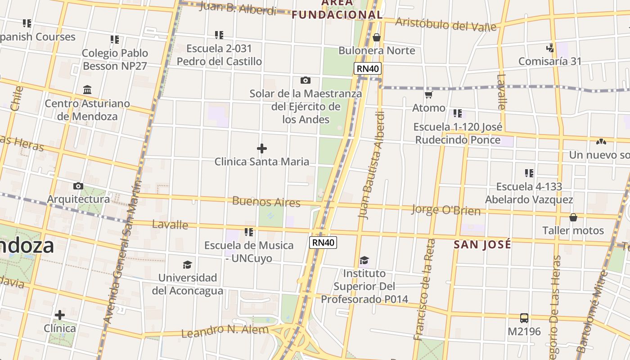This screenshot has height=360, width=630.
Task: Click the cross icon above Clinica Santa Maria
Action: pos(261,148)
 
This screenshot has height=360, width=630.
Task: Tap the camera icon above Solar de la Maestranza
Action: pos(306,81)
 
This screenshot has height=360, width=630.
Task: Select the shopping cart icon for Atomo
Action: pos(429,94)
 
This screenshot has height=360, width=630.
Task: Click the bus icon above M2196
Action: pos(524,318)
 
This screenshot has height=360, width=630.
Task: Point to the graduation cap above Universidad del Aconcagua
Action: pos(187,265)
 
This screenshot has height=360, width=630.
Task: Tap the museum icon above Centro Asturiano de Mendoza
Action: pos(87,90)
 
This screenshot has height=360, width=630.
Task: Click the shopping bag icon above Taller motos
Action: pos(573,218)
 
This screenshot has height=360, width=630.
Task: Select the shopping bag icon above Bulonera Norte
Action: pos(377,37)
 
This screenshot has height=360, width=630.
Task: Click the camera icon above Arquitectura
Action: pos(78,186)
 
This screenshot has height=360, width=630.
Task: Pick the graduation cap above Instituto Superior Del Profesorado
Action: pos(364,261)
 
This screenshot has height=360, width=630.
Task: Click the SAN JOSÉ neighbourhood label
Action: pos(482,244)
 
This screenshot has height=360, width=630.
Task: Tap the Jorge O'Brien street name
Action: pos(446,210)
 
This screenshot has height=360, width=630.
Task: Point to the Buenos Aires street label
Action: pos(266,202)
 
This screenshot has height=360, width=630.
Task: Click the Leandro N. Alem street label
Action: pos(225,331)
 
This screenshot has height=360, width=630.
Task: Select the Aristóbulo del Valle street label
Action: pos(445,24)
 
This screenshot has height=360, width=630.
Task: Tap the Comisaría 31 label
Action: pos(550,61)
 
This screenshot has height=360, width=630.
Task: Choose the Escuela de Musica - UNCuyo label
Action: pos(249,252)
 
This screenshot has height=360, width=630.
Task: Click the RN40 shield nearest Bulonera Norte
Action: pos(368,68)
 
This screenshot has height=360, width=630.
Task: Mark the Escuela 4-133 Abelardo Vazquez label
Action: pos(529,193)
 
